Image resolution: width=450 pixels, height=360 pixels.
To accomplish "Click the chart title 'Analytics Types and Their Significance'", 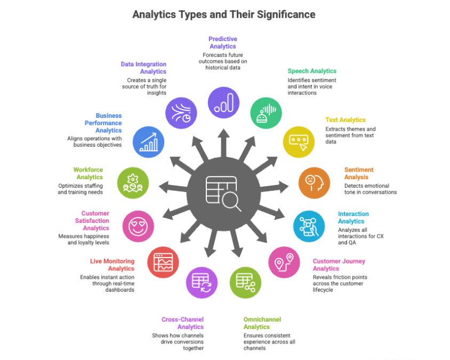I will (x=224, y=14).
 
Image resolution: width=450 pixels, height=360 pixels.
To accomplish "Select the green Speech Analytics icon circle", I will (x=266, y=113).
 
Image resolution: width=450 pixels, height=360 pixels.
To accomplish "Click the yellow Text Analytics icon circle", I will (x=299, y=141).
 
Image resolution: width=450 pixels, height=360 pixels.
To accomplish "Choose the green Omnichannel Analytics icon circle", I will (x=245, y=282).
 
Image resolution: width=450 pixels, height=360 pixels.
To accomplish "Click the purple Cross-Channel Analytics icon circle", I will (x=202, y=282).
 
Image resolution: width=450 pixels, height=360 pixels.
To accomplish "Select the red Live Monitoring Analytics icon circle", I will (x=163, y=263).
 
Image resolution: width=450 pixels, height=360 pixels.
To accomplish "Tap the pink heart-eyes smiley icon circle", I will (x=138, y=226).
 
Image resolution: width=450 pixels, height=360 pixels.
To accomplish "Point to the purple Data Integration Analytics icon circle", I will (x=181, y=113).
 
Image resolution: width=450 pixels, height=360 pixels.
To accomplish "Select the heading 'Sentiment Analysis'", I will (x=359, y=173).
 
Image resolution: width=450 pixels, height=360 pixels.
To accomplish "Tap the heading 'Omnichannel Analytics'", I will (x=262, y=323).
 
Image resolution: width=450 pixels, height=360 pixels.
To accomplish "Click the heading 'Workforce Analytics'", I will (x=88, y=173).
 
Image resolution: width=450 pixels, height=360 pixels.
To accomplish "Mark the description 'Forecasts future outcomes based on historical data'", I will (x=224, y=61).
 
